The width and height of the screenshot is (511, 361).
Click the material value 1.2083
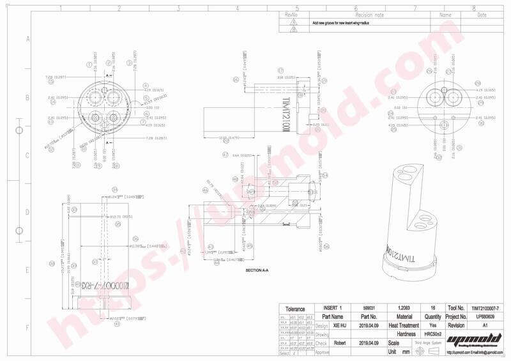(x=404, y=307)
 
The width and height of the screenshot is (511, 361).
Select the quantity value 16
(x=433, y=307)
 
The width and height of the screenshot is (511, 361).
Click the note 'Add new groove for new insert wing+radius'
(x=340, y=22)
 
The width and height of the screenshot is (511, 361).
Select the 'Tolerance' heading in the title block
(x=296, y=309)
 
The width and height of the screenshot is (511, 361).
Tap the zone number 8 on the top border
(x=473, y=8)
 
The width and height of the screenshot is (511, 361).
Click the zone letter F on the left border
(x=27, y=327)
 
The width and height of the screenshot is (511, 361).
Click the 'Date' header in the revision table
(x=482, y=14)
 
